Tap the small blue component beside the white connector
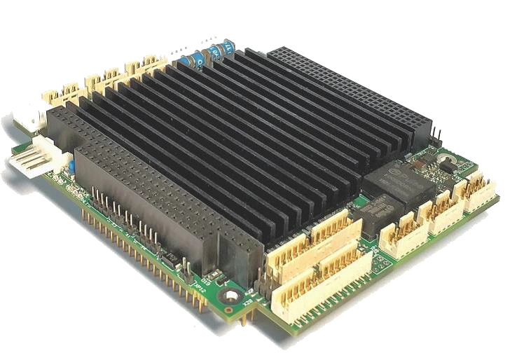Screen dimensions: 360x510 point(71,167)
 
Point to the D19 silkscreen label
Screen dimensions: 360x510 point(247,302)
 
